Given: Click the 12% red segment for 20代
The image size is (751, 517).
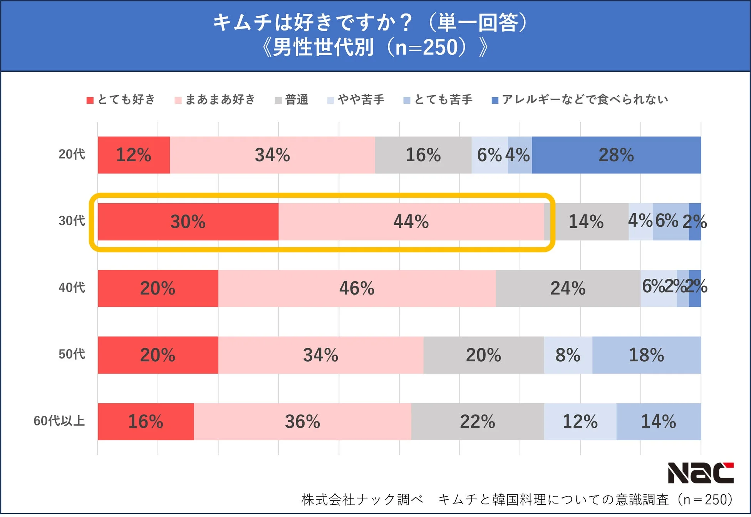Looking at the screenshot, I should click(134, 155).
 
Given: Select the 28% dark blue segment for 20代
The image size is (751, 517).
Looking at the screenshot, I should click(616, 155).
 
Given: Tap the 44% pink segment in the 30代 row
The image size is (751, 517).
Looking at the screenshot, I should click(411, 222).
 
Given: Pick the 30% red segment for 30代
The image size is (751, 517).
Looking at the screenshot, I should click(188, 222).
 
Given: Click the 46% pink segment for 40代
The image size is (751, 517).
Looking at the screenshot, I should click(357, 288).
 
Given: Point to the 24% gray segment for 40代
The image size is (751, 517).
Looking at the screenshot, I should click(568, 288).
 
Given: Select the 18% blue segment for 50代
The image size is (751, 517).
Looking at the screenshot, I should click(646, 355).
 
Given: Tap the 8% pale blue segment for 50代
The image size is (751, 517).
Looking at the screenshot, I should click(568, 355).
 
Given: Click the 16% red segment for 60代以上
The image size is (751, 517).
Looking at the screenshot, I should click(146, 422).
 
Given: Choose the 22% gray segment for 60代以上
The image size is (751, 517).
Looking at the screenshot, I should click(477, 422).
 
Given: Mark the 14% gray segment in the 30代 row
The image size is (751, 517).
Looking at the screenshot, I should click(586, 222).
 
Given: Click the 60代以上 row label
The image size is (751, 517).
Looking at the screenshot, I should click(59, 421).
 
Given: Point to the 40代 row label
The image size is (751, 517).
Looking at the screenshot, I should click(72, 288).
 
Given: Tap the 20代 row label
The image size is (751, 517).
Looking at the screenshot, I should click(72, 154).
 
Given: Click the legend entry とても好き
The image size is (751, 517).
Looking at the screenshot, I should click(121, 100).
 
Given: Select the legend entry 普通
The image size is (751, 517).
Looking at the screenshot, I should click(292, 100).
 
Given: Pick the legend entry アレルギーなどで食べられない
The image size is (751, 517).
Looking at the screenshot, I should click(580, 100).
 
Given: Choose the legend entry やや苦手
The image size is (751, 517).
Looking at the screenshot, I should click(356, 100).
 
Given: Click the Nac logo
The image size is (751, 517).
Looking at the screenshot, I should click(700, 473).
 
